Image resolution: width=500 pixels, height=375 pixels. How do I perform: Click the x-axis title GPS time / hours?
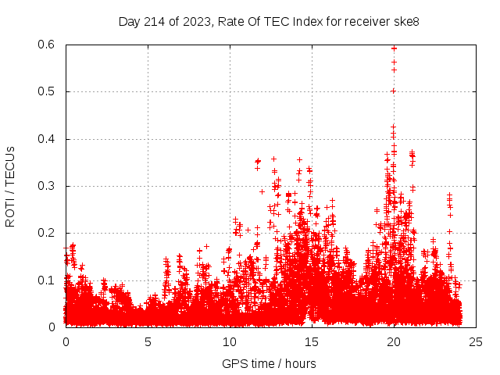[x=269, y=363]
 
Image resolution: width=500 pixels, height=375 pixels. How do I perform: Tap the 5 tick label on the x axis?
[x=148, y=341]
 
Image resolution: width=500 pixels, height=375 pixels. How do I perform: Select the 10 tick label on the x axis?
[x=230, y=341]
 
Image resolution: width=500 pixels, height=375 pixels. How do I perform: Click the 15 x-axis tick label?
[x=312, y=341]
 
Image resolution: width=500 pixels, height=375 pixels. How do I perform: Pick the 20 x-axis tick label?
[x=394, y=341]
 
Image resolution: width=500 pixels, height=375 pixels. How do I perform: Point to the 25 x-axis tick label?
[x=476, y=341]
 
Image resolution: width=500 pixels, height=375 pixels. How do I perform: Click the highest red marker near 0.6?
[x=394, y=47]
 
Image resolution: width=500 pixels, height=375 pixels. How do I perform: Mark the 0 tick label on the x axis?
[x=66, y=341]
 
